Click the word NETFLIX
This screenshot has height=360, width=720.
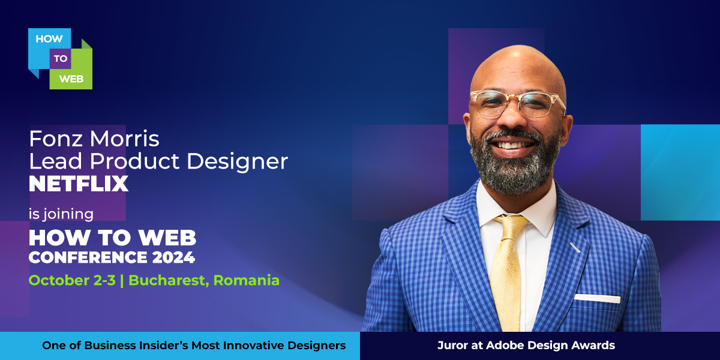[x=79, y=184]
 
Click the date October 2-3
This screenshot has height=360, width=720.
[x=71, y=280]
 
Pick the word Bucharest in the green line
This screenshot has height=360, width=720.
[x=167, y=280]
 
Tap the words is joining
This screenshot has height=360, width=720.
[x=61, y=214]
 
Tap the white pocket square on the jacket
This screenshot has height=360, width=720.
[x=597, y=298]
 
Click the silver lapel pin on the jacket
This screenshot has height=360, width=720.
[x=575, y=247]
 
